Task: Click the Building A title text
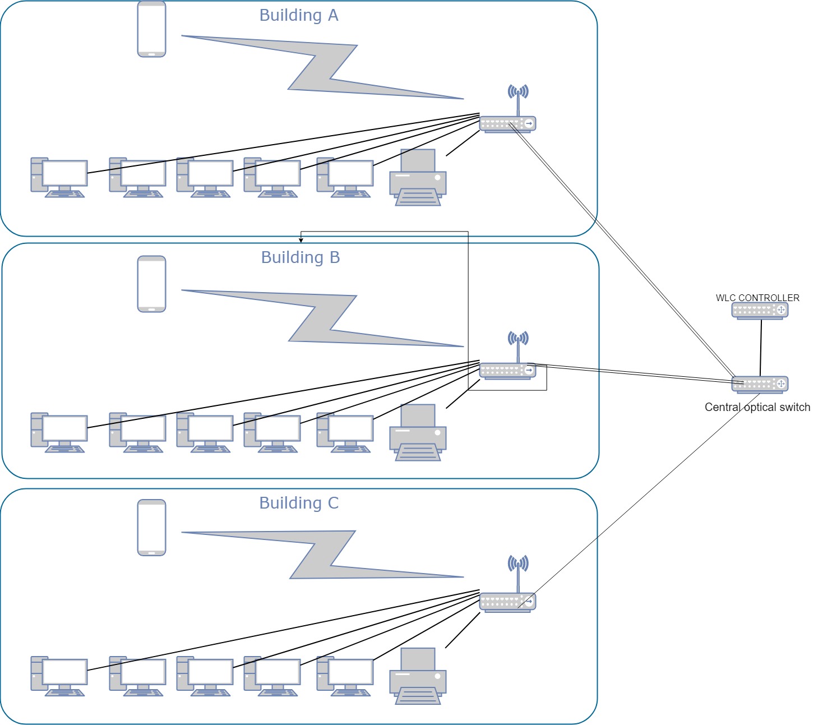click(299, 16)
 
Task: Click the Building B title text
click(301, 258)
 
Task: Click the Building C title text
click(299, 504)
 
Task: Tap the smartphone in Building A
click(151, 29)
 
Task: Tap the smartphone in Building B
click(151, 284)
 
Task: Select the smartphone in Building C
click(151, 528)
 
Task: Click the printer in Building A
click(418, 178)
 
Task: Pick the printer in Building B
click(418, 433)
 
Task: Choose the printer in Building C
click(418, 676)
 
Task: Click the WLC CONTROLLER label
click(757, 298)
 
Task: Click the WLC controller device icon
click(760, 311)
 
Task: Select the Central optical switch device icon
click(760, 384)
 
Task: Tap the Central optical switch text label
click(757, 408)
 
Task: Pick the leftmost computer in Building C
click(59, 676)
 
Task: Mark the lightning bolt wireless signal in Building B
click(322, 318)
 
